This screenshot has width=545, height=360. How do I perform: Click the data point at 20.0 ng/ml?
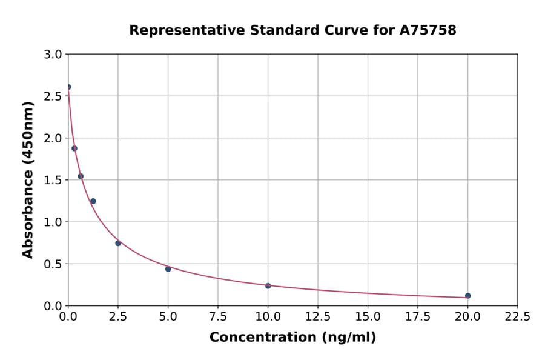tap(467, 296)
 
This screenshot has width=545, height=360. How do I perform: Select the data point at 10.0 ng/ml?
tap(268, 285)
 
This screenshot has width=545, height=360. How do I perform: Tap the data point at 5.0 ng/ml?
tap(168, 268)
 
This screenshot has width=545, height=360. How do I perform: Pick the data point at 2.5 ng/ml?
tap(118, 243)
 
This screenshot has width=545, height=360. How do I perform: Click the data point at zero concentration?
tap(68, 87)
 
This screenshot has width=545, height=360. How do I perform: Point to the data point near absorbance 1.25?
tap(93, 201)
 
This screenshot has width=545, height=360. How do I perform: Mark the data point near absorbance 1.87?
tap(74, 148)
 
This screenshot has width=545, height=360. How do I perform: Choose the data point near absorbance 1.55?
tap(81, 176)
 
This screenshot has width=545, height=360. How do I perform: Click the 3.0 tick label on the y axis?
tap(54, 55)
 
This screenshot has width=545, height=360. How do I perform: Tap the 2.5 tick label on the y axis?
tap(54, 96)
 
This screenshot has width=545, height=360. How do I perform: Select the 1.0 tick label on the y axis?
tap(54, 222)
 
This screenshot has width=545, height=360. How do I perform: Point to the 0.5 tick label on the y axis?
tap(54, 264)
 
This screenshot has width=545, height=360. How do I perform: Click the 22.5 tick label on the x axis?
tap(517, 316)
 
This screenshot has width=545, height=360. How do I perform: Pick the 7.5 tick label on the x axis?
tap(218, 316)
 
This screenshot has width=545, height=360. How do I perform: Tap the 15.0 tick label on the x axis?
tap(368, 316)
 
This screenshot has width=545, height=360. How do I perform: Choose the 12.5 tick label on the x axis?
tap(318, 316)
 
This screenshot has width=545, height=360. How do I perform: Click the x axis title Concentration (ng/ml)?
tap(292, 338)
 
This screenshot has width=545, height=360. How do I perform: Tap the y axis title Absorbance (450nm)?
tap(28, 179)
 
